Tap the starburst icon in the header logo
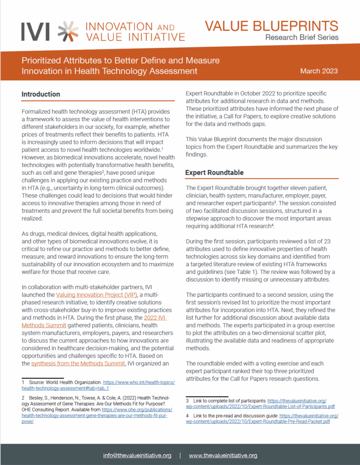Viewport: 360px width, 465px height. point(65,30)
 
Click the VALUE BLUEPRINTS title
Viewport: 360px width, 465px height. point(271,25)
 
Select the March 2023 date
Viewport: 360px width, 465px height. point(319,71)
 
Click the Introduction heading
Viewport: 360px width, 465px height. point(41,94)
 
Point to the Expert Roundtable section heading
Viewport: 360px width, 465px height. point(214,173)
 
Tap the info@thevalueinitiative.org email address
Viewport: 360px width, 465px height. point(137,455)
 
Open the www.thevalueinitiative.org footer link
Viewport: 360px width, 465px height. point(223,455)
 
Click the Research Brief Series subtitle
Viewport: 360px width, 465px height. point(302,37)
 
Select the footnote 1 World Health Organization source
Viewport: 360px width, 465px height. point(98,386)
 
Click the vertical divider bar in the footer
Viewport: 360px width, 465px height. point(180,455)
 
